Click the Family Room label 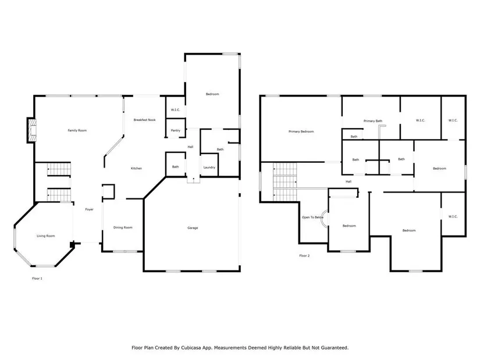tap(77, 130)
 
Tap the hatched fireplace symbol tap(32, 130)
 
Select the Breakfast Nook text tap(144, 120)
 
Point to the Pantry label tap(175, 130)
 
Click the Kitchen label tap(136, 168)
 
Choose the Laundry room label tap(209, 167)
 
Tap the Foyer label tap(89, 209)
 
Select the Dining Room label tap(123, 227)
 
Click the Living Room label tap(45, 236)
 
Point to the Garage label tap(193, 228)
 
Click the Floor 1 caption tap(37, 279)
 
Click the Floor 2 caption tap(304, 256)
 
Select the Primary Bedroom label tap(301, 131)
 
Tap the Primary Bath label tap(373, 121)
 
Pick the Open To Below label tap(312, 218)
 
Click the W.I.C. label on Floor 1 tap(175, 110)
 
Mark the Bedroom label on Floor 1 tap(212, 94)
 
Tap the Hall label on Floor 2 tap(349, 181)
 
